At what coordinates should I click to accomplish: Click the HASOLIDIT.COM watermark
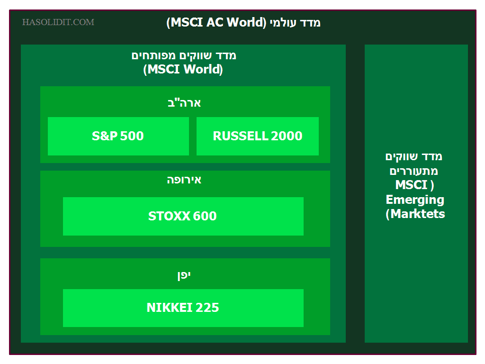tap(58, 22)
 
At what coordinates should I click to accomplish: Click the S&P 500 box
tap(118, 136)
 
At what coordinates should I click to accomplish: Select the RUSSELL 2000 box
tap(258, 136)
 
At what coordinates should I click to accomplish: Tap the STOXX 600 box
tap(183, 216)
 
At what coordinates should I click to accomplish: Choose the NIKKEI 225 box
tap(183, 308)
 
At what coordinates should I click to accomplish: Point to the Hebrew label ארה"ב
tap(184, 103)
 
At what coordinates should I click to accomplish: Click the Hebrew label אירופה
tap(184, 180)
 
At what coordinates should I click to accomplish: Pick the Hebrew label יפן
tap(184, 275)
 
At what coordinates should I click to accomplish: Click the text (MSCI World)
tap(183, 69)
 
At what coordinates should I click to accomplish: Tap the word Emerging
tap(415, 200)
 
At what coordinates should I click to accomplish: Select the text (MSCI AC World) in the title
tap(216, 23)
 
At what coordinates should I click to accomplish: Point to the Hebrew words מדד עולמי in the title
tap(295, 23)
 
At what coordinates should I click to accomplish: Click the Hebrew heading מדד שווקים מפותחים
tap(184, 56)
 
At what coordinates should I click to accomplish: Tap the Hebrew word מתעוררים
tap(414, 171)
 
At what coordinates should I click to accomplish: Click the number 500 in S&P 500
tap(132, 136)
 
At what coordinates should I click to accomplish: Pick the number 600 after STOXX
tap(205, 216)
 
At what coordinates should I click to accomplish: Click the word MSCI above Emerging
tap(412, 185)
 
